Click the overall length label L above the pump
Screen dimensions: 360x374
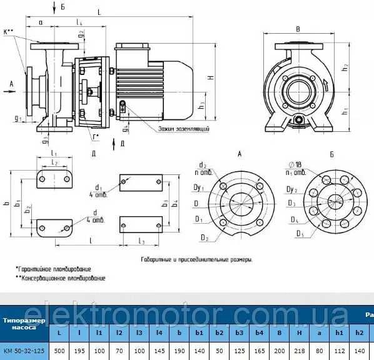[100, 12]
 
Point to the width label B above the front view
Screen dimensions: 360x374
[298, 29]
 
